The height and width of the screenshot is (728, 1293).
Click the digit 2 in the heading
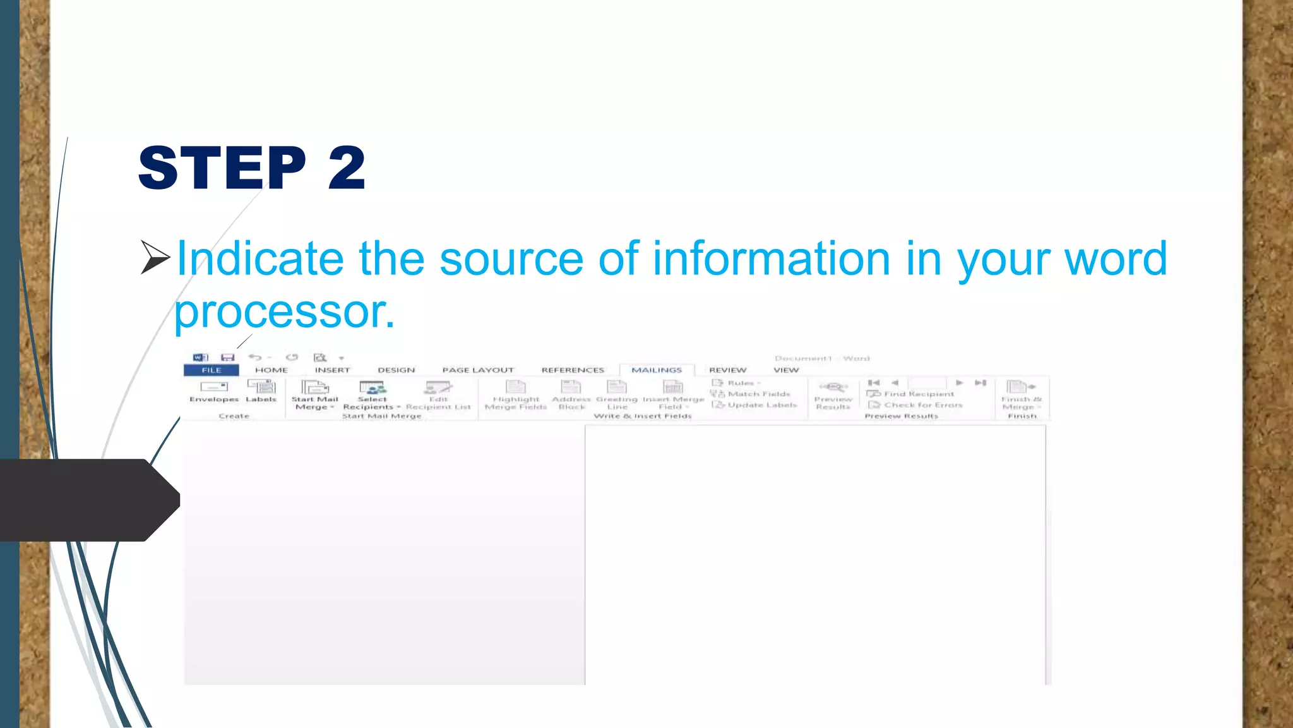click(x=347, y=167)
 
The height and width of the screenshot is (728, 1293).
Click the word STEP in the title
click(x=222, y=167)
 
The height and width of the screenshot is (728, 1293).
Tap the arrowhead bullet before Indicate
click(x=155, y=257)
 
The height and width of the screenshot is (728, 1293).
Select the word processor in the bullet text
click(x=284, y=312)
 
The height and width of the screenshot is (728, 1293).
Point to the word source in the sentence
click(x=511, y=258)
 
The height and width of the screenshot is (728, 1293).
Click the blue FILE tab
click(x=212, y=370)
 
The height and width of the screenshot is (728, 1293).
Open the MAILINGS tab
click(x=657, y=370)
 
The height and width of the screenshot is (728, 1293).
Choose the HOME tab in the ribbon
click(x=271, y=370)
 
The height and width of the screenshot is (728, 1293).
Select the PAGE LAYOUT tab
click(x=478, y=370)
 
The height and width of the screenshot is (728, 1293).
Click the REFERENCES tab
click(x=573, y=370)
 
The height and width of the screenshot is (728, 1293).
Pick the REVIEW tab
click(x=727, y=370)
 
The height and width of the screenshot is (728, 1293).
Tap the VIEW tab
click(x=786, y=370)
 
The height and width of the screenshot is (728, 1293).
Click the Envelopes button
click(x=214, y=391)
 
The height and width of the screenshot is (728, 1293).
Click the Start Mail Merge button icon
click(x=314, y=387)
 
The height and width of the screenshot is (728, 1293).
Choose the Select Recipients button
click(x=372, y=394)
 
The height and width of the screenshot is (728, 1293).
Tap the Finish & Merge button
click(x=1021, y=394)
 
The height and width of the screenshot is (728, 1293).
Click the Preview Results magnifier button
click(x=833, y=387)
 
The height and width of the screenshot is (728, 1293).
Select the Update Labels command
click(x=756, y=405)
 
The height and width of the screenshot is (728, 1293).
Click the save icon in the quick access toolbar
click(x=227, y=358)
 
